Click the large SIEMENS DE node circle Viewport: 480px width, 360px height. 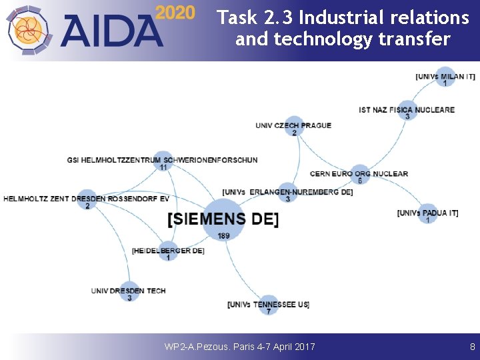223,219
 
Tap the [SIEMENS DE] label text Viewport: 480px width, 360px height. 223,219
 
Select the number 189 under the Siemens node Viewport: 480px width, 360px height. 223,236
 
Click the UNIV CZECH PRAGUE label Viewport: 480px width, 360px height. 293,125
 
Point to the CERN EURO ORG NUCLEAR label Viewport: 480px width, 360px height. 359,174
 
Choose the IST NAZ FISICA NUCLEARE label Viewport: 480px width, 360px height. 407,110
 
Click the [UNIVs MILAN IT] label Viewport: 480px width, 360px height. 445,77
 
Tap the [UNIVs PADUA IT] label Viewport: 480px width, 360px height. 427,213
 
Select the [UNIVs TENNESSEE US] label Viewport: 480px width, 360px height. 268,305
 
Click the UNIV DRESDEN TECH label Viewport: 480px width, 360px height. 129,291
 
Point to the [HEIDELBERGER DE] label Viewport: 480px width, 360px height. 168,251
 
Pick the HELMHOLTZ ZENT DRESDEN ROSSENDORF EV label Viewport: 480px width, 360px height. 87,199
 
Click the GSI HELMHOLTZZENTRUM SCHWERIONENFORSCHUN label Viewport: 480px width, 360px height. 162,160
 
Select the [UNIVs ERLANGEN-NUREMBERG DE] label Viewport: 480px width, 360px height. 287,192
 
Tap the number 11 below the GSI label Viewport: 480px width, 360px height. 163,167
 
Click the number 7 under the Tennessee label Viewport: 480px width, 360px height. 268,311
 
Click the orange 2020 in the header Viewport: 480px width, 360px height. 175,13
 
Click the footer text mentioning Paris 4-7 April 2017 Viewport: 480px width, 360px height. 239,347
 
